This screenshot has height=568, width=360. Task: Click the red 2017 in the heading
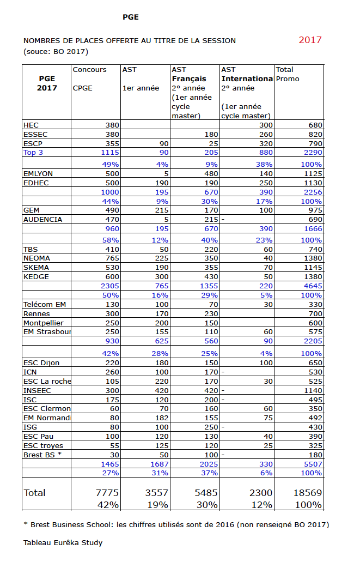pos(310,40)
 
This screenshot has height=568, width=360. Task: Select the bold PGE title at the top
pos(131,17)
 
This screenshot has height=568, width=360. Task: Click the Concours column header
pos(90,70)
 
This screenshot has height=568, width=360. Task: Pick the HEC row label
pos(31,125)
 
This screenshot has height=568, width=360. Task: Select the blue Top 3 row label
pos(33,153)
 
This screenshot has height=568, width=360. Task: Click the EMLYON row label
pos(38,173)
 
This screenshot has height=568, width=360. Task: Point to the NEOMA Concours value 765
pos(112,258)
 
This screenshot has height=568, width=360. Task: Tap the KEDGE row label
pos(36,276)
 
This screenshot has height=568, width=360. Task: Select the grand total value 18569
pos(308,493)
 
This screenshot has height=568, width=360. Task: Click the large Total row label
pos(35,493)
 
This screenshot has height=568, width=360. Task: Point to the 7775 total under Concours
pos(107,493)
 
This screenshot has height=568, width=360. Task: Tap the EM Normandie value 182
pos(161,418)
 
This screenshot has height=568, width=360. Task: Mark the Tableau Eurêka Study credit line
pos(63,543)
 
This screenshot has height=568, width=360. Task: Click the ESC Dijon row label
pos(41,362)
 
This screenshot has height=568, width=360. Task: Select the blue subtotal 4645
pos(313,286)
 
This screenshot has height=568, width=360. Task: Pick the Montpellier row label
pos(44,323)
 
